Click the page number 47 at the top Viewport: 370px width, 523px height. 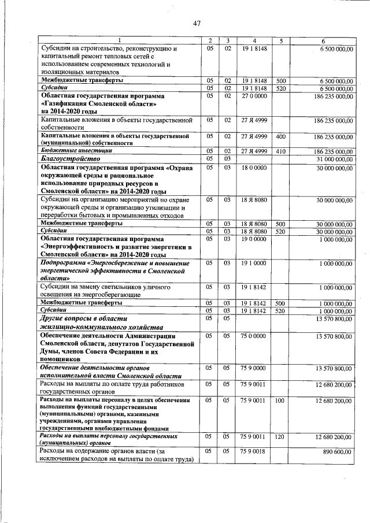click(x=197, y=23)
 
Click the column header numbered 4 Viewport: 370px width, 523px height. click(x=254, y=40)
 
